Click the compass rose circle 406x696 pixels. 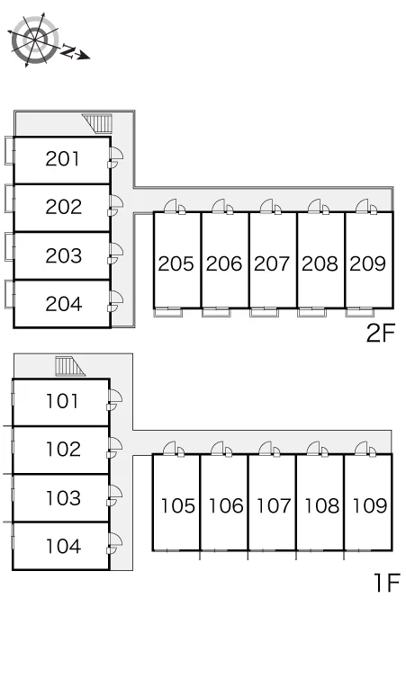[x=35, y=39]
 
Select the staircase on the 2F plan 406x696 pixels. [x=97, y=123]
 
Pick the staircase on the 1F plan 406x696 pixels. [x=69, y=366]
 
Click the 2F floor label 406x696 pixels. [x=380, y=333]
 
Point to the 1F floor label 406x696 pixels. [x=387, y=583]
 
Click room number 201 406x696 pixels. [x=63, y=159]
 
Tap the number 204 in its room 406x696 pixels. [x=64, y=304]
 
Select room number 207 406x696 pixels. [x=272, y=263]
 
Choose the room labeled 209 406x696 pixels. [x=368, y=263]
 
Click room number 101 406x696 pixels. [x=63, y=401]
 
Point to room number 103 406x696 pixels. [x=64, y=498]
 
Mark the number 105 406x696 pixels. [x=177, y=506]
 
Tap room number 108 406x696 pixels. [x=321, y=506]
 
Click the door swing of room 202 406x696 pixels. [x=117, y=203]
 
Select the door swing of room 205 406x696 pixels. [x=171, y=207]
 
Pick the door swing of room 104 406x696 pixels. [x=115, y=540]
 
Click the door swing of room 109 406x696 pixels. [x=362, y=449]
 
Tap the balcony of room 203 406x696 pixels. [x=9, y=246]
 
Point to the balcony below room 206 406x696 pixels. [x=216, y=312]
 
